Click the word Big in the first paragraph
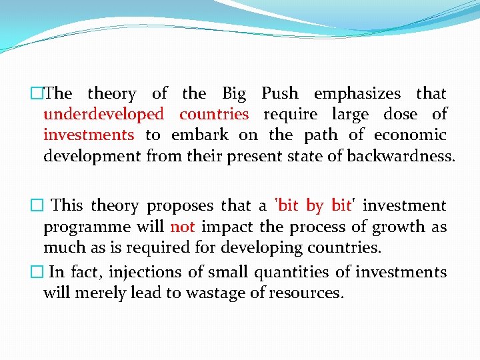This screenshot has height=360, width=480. pos(234,94)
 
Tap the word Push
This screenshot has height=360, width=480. pos(280,94)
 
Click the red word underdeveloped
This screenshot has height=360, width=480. pos(103,115)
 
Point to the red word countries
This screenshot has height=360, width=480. pos(214,115)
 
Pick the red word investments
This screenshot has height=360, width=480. pos(89,135)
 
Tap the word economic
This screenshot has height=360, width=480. pos(410,135)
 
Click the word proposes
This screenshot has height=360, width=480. pos(181,206)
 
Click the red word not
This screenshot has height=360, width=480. pos(182,227)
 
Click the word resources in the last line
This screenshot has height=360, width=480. pos(309,293)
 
